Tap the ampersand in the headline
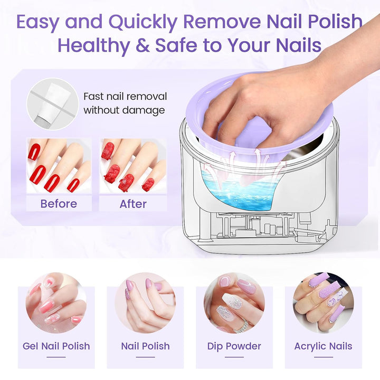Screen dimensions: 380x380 point(143,45)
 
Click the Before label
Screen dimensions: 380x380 point(59,204)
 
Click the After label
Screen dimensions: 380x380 point(133,204)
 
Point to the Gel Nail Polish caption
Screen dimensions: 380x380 point(56,346)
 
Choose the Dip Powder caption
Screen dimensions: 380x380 point(234,346)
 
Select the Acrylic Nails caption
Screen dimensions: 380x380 point(324,347)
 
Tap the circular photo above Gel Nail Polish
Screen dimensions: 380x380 point(56,303)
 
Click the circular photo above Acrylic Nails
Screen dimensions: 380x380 point(324,303)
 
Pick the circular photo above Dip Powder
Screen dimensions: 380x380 point(234,303)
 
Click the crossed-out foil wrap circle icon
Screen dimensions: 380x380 point(53,104)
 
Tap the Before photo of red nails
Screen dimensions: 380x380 point(59,166)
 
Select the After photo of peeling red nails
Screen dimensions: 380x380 point(134,166)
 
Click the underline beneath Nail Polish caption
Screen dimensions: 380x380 point(146,357)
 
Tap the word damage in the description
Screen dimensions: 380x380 point(144,110)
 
